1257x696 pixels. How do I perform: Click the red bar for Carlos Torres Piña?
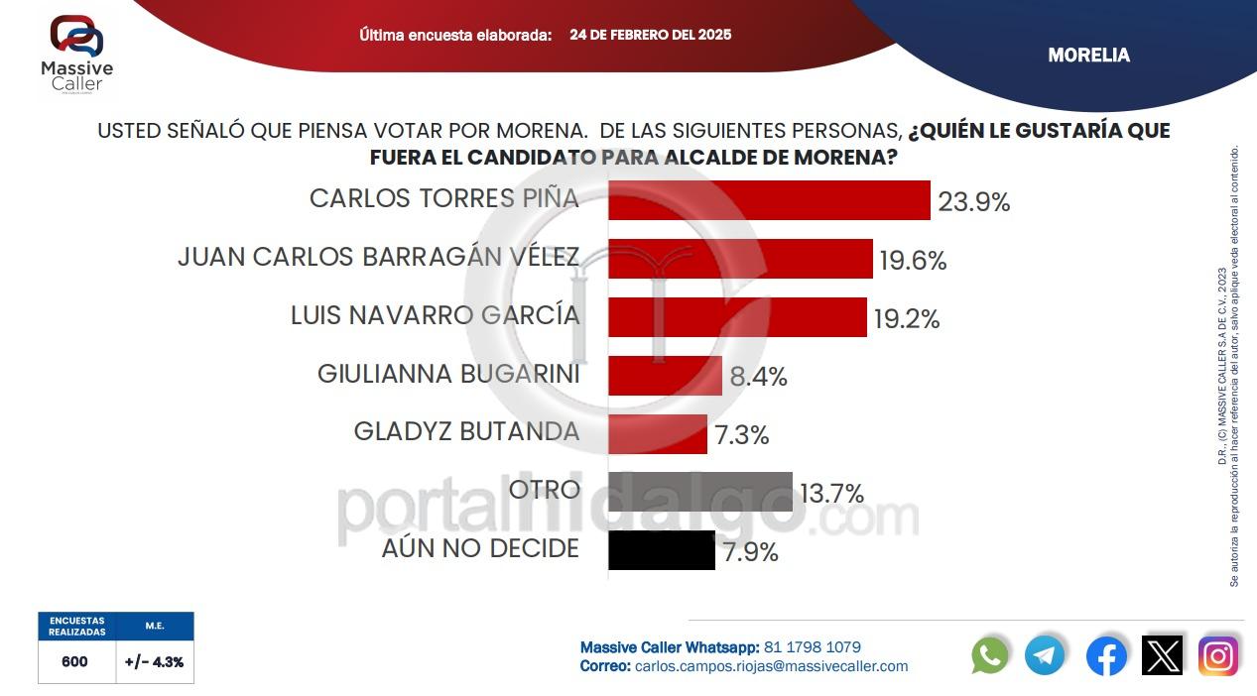point(769,200)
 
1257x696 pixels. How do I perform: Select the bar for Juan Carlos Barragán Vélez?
point(740,259)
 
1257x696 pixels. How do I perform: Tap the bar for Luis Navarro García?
point(737,317)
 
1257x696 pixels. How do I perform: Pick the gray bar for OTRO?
point(700,492)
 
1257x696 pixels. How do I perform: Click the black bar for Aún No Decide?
point(662,550)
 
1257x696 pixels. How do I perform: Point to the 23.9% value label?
point(973,202)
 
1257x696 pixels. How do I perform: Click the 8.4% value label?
point(758,377)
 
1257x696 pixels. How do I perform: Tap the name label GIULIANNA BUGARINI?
point(448,374)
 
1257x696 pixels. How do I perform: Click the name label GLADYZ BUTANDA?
point(466,431)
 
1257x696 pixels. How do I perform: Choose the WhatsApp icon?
point(990,655)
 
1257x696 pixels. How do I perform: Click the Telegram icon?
point(1045,655)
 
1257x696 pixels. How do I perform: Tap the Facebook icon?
point(1106,655)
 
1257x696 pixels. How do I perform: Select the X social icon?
point(1162,655)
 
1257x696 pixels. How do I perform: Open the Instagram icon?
point(1217,655)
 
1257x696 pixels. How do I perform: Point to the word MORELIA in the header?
point(1088,56)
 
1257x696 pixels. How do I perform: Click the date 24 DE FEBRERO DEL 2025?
point(650,35)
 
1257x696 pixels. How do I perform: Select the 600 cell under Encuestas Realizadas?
point(75,661)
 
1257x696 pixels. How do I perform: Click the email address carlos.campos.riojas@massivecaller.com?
point(771,666)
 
